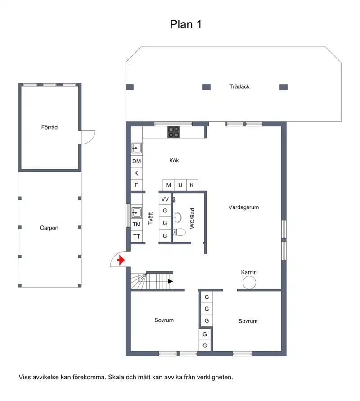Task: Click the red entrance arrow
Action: [x=121, y=260]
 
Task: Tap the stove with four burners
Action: [x=174, y=132]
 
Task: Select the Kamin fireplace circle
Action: [x=249, y=283]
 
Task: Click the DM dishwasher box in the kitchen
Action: [x=136, y=162]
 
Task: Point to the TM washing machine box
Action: [x=136, y=225]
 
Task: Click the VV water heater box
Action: [x=165, y=199]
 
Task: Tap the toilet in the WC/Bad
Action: [x=179, y=232]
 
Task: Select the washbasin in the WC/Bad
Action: [x=177, y=218]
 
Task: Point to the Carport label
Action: [x=49, y=228]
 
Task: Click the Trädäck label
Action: [x=239, y=86]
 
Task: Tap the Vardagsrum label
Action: [x=243, y=207]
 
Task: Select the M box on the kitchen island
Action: [x=169, y=185]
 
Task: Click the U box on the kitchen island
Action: [x=180, y=185]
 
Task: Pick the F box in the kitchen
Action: [x=136, y=185]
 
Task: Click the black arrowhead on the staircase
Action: [x=170, y=281]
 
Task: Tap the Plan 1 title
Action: [x=186, y=25]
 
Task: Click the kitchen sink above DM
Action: [x=136, y=148]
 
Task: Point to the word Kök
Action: [x=174, y=161]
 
